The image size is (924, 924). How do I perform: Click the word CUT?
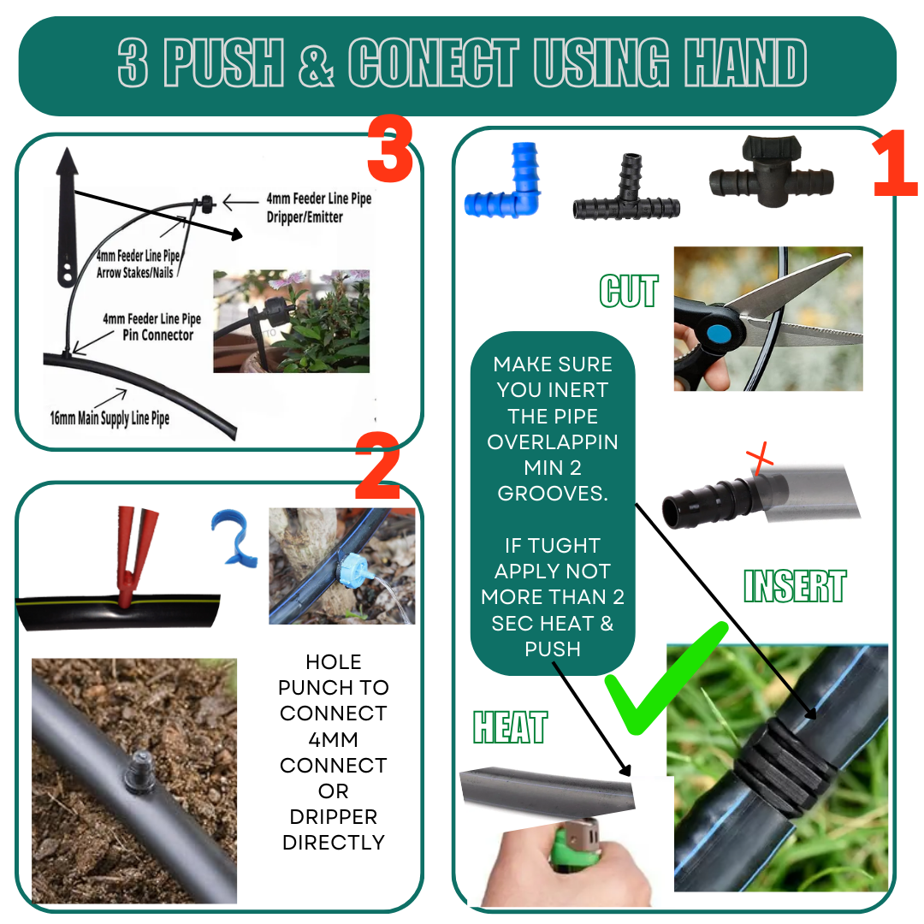pos(629,291)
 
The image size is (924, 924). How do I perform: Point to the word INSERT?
pos(795,586)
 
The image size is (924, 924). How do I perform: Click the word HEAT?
pos(510,727)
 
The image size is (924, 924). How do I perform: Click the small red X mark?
pos(760,457)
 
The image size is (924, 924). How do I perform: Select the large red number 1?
pos(895,163)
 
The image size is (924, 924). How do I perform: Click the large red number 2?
pos(378,465)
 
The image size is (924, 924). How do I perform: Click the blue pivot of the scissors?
pos(719,335)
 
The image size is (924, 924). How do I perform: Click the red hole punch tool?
pos(135,557)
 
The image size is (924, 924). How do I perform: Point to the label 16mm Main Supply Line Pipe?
pos(110,418)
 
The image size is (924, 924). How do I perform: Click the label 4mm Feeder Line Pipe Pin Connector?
pos(152,327)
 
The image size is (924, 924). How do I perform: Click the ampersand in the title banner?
pos(317,63)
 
